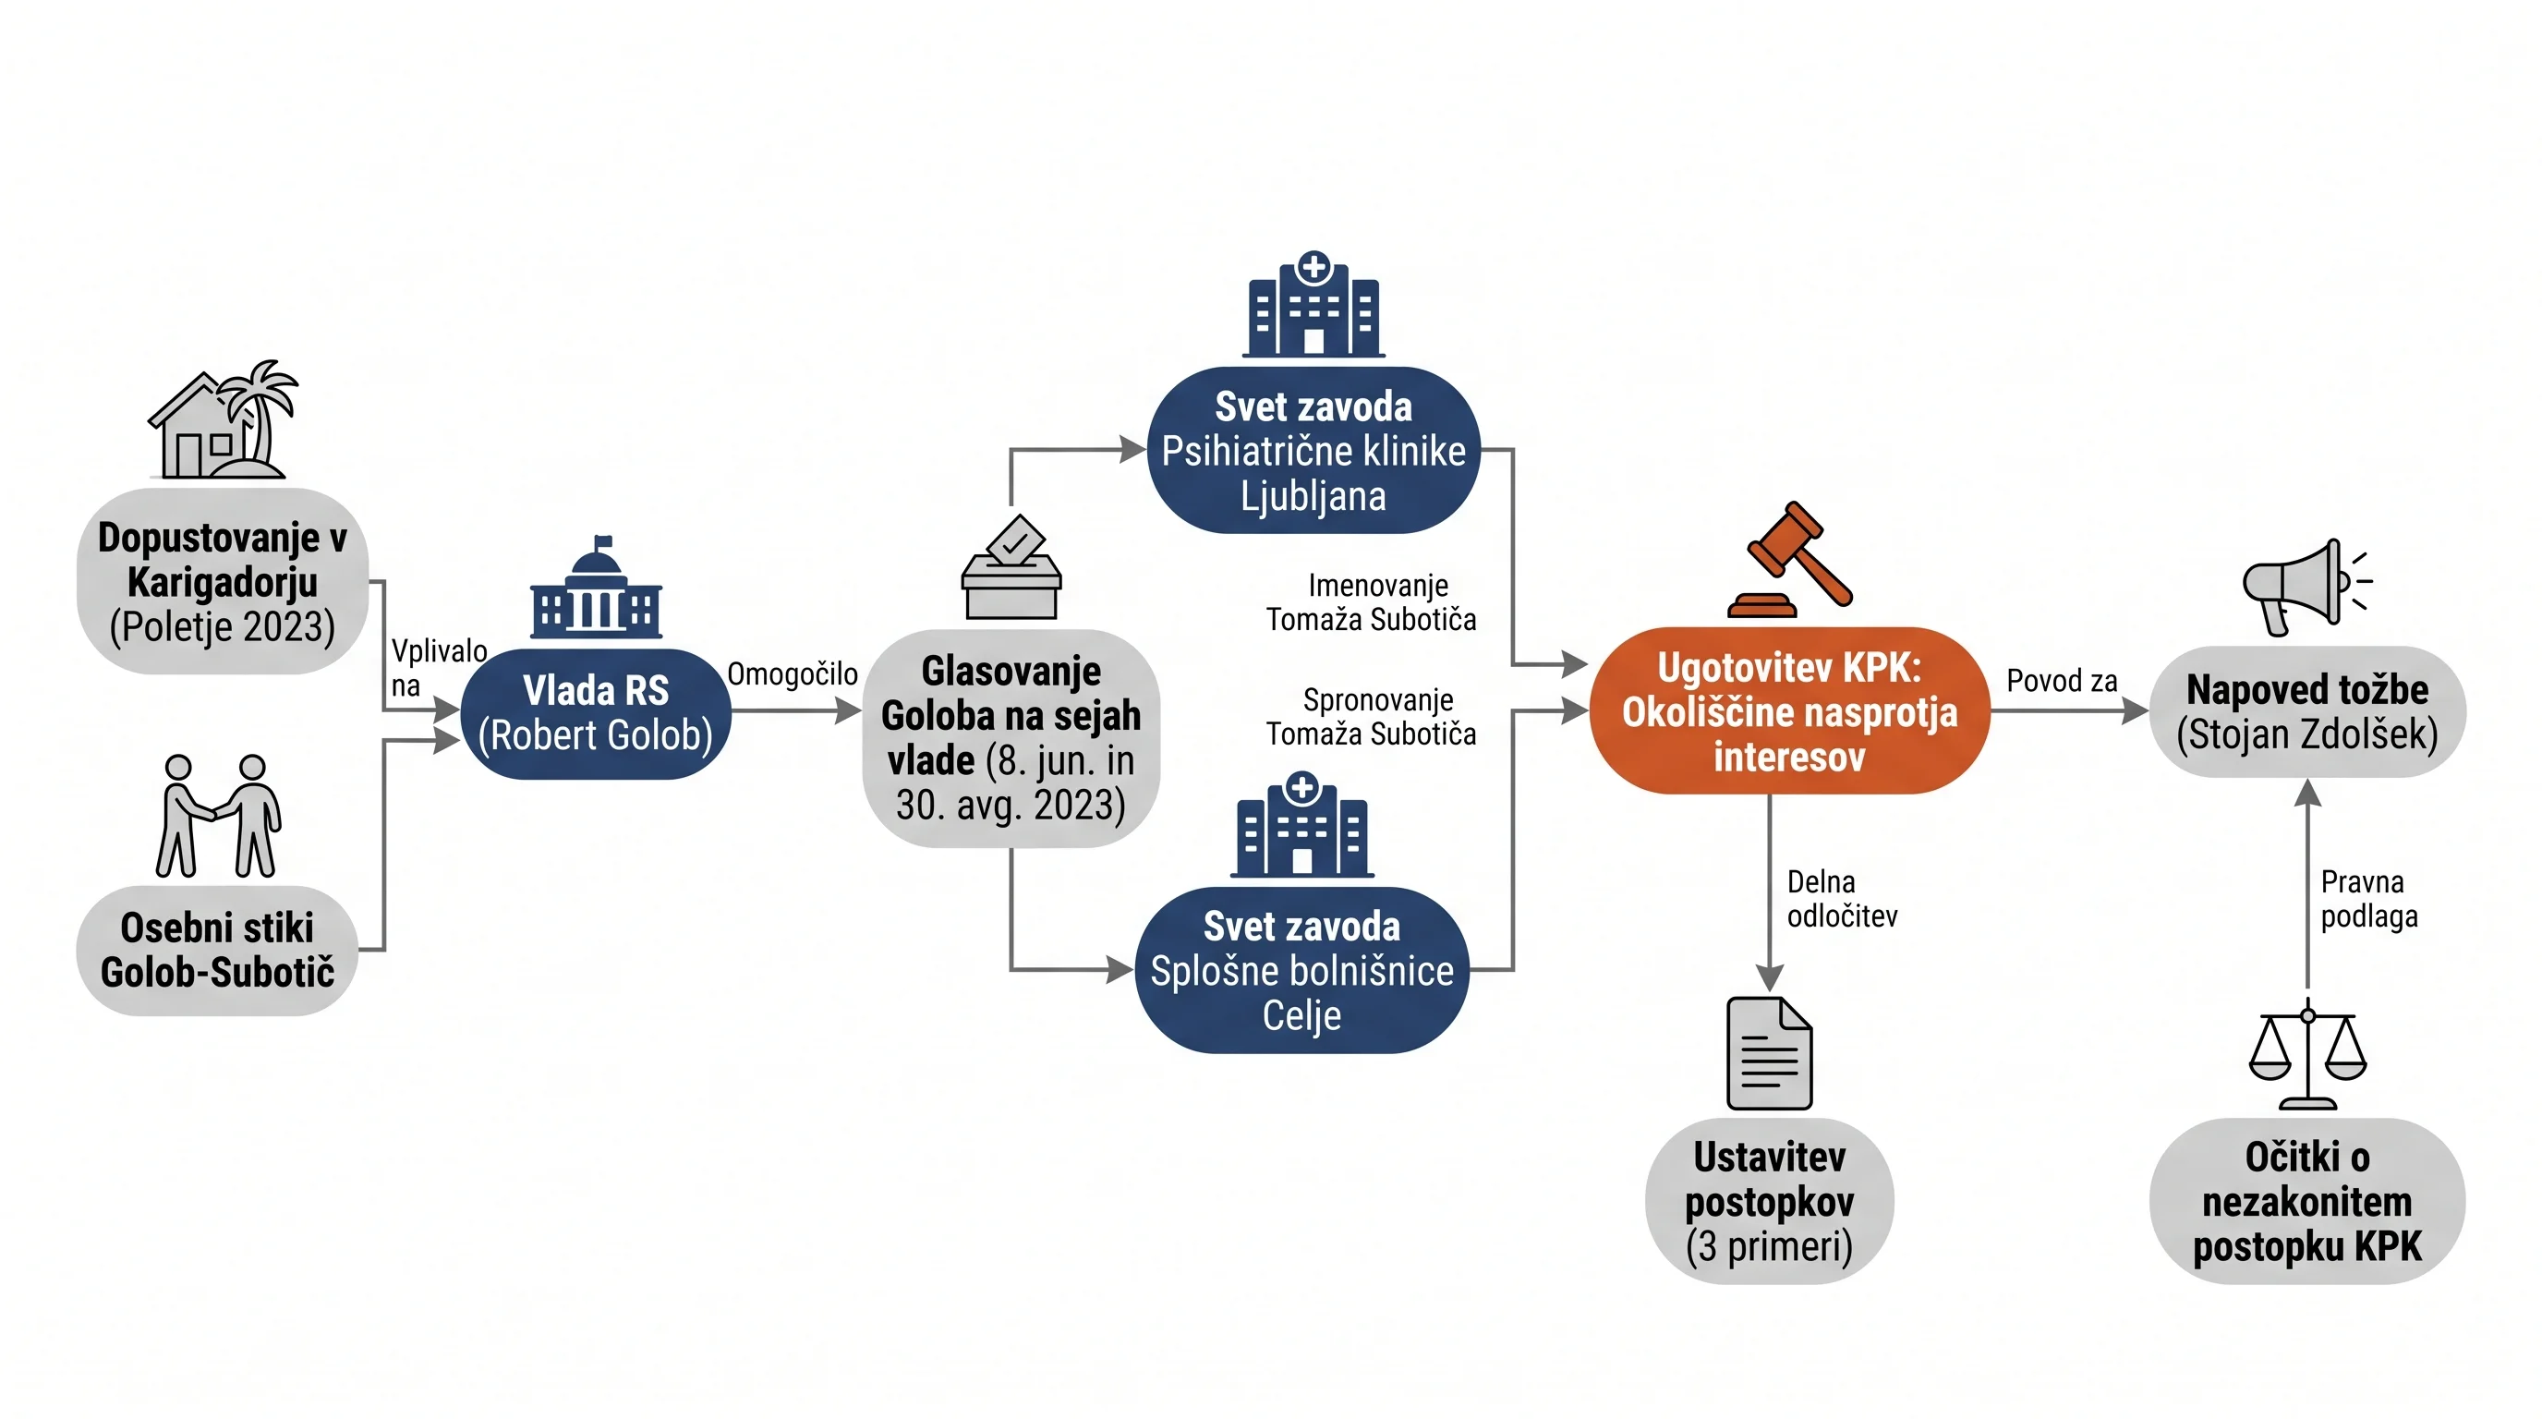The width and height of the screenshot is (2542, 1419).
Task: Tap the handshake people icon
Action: [219, 816]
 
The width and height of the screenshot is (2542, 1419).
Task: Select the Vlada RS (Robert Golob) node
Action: [596, 713]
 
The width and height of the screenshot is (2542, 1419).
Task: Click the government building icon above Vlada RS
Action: [596, 588]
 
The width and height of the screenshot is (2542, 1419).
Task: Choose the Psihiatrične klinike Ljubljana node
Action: [1313, 451]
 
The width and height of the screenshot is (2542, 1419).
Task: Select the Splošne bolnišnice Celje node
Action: [1301, 970]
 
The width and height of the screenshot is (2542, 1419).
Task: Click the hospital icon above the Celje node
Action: [1301, 825]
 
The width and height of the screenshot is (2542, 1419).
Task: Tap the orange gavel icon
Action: [1790, 560]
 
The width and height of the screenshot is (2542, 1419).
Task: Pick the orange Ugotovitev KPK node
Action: [1790, 711]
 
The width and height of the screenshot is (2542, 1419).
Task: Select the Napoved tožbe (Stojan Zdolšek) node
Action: [2307, 711]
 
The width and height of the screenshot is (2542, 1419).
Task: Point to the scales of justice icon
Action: [2307, 1054]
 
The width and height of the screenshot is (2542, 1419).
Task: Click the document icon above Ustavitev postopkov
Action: [1770, 1054]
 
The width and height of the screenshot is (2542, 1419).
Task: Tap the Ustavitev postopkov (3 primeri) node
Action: [1770, 1201]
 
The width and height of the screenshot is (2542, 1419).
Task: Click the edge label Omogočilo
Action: [793, 674]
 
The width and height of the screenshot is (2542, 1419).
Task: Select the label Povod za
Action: [2063, 681]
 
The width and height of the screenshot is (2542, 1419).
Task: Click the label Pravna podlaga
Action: [2369, 899]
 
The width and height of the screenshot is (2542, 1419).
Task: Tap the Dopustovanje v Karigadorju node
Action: [223, 581]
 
